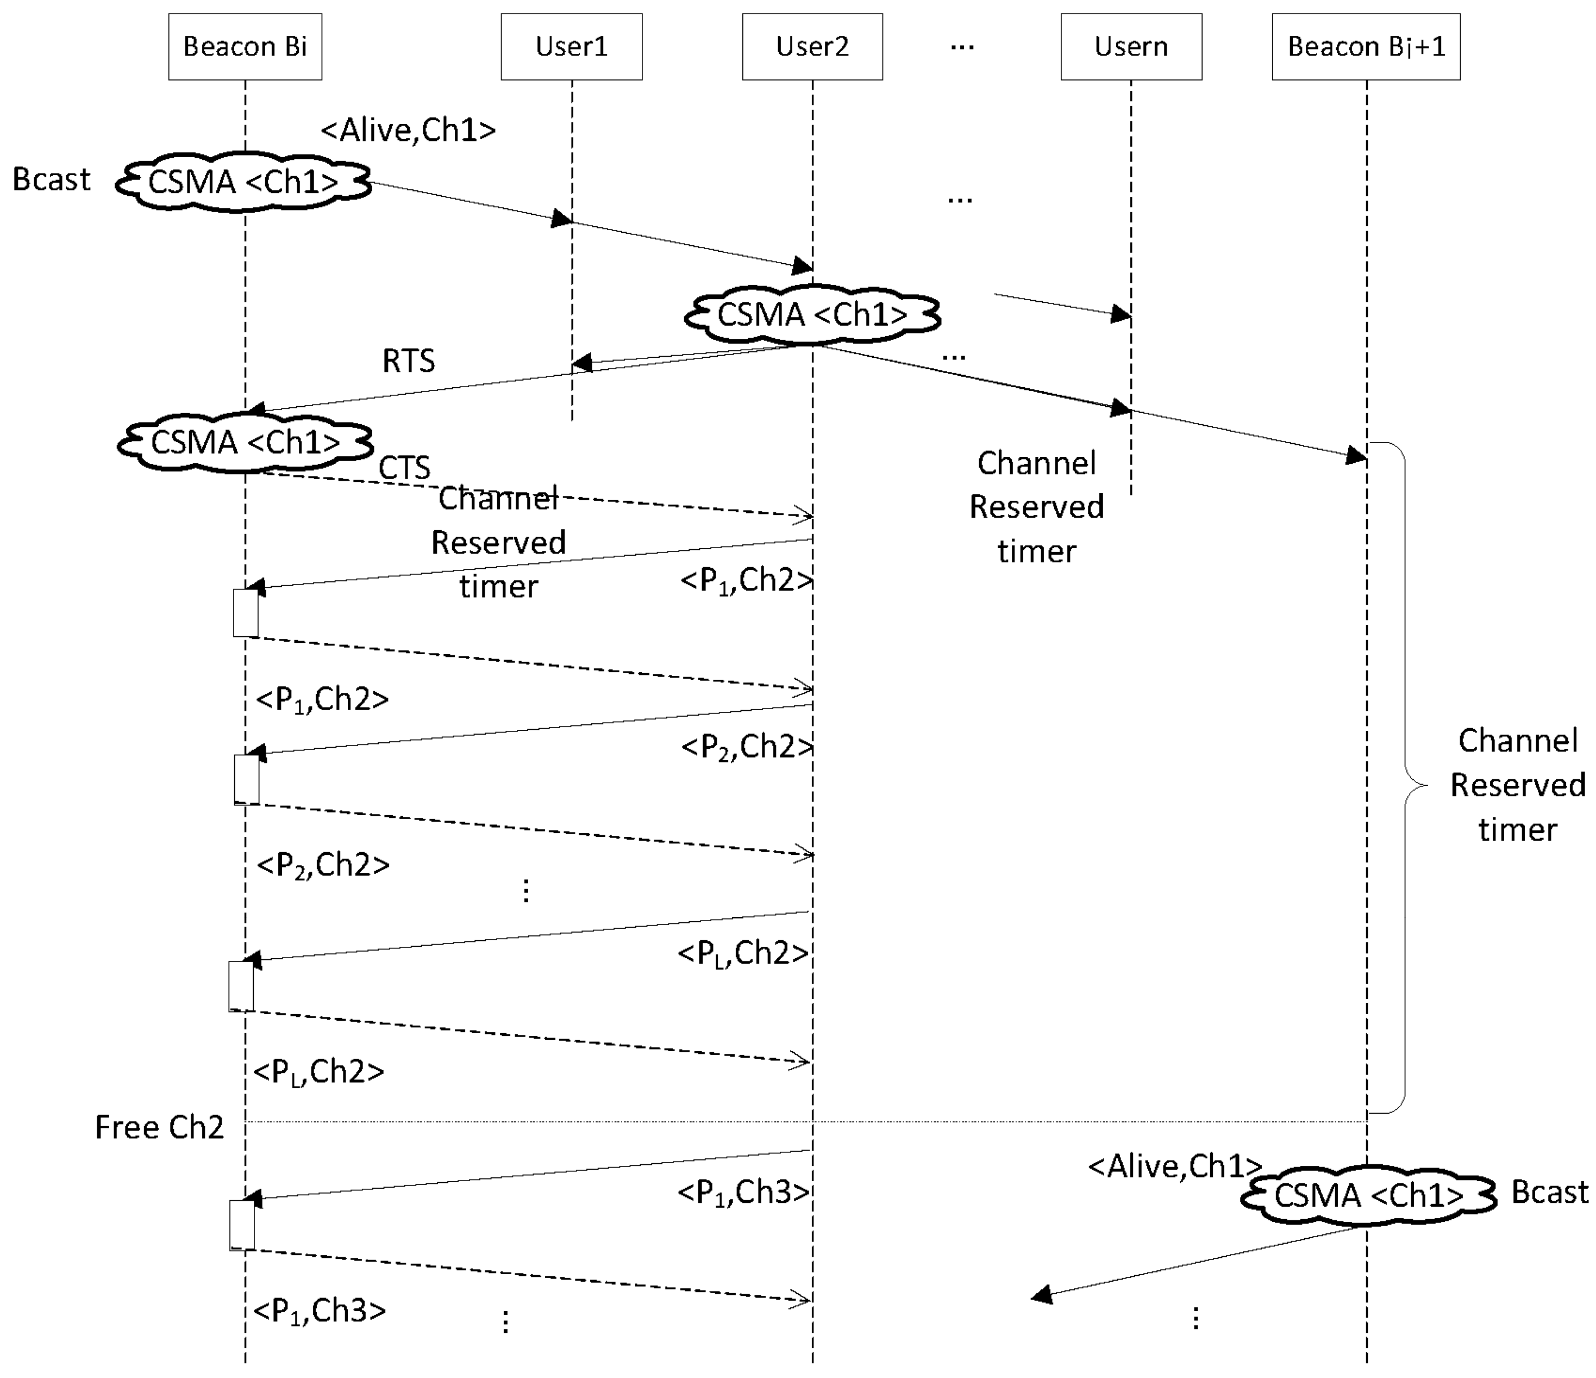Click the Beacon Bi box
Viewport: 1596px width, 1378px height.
click(245, 46)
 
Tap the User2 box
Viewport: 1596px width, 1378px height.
click(812, 46)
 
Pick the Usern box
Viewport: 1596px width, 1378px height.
click(1131, 46)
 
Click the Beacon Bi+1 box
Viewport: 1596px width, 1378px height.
click(1366, 46)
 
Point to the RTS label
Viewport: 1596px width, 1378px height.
click(408, 361)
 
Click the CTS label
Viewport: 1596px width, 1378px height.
click(404, 468)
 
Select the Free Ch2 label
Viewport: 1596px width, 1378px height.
click(159, 1127)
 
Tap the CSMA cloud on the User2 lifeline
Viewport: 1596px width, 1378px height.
click(812, 314)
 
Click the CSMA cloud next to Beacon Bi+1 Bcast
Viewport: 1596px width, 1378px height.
click(1368, 1195)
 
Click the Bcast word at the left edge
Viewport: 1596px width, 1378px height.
click(51, 179)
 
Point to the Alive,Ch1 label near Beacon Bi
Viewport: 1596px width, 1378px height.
click(408, 129)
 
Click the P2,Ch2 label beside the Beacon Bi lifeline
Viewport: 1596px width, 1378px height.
click(323, 865)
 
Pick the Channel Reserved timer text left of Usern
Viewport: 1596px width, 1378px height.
click(1036, 506)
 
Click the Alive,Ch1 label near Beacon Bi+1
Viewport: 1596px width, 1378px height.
click(1175, 1166)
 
